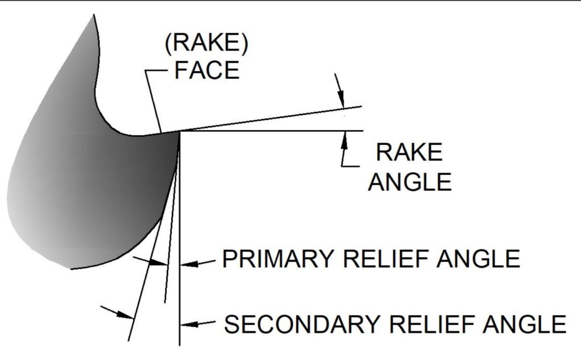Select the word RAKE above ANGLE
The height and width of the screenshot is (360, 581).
tap(409, 153)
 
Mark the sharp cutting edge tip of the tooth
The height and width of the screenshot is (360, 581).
tap(179, 132)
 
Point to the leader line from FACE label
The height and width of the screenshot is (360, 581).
tap(152, 102)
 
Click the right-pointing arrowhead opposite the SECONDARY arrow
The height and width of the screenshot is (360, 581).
tap(127, 315)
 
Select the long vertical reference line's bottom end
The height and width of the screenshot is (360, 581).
tap(179, 344)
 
